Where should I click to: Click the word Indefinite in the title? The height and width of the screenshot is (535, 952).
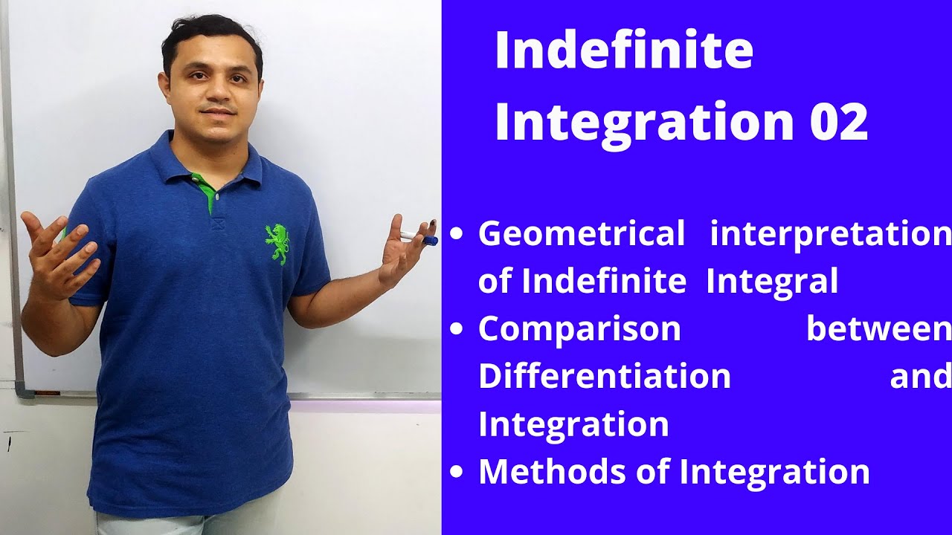623,52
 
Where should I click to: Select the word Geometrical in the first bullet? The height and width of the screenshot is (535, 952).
582,234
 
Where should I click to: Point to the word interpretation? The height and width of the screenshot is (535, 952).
831,235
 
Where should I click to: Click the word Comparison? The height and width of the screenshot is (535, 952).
579,329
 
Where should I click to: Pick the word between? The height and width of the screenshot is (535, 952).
878,329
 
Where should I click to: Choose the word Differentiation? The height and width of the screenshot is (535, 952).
604,376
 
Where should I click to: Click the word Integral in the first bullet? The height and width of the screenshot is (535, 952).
772,282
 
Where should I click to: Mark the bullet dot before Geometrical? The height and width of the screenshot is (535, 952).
457,236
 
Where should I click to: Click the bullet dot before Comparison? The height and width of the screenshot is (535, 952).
457,330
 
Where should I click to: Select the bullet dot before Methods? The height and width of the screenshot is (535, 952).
457,472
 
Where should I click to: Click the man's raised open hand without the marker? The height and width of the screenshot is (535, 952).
56,249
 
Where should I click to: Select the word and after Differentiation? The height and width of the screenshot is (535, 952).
920,376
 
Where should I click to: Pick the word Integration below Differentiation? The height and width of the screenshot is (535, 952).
573,424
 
